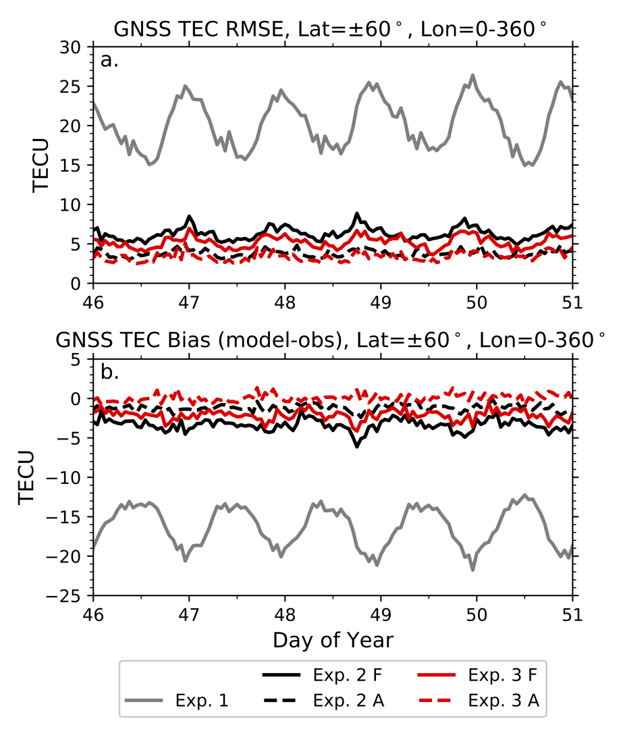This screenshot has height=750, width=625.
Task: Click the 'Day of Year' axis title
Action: pyautogui.click(x=333, y=640)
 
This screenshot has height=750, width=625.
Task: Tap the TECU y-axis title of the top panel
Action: pyautogui.click(x=42, y=165)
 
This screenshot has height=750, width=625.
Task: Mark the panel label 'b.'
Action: pyautogui.click(x=109, y=372)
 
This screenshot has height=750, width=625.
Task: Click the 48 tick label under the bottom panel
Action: pyautogui.click(x=285, y=613)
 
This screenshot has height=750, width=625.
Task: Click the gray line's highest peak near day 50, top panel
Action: pyautogui.click(x=472, y=75)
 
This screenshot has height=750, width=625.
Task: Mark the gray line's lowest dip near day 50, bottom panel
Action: pyautogui.click(x=472, y=570)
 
